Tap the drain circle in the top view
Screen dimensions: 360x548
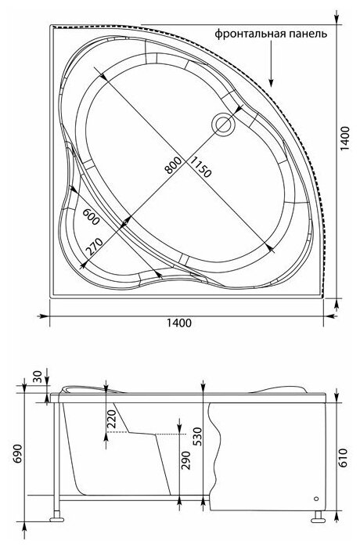click(224, 124)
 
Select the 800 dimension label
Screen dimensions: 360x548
click(174, 165)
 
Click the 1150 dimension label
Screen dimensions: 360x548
click(200, 167)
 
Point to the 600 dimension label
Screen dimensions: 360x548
click(92, 217)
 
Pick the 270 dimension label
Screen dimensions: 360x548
click(95, 247)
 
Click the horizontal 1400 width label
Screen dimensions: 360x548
click(178, 323)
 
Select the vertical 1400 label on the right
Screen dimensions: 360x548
click(344, 138)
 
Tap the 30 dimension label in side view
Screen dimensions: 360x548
click(38, 377)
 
